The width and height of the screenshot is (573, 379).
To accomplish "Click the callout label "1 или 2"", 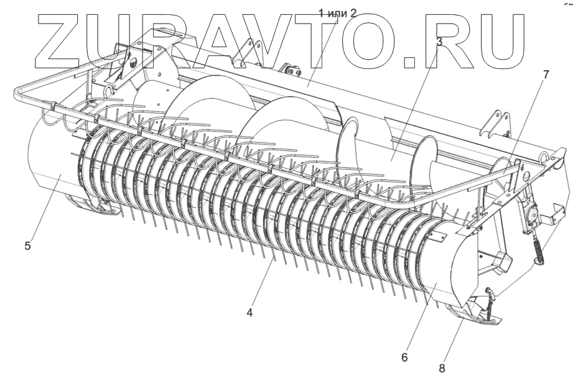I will (x=337, y=12).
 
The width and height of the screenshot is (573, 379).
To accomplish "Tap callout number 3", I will (x=439, y=42).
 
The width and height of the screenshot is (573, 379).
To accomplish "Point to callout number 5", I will (x=27, y=245).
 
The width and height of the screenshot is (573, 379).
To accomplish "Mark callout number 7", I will (x=546, y=75).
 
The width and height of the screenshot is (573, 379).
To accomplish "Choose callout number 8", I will (x=442, y=368).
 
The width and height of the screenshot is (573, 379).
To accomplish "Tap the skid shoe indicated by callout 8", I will (x=477, y=314).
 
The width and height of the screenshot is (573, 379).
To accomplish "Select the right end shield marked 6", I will (x=445, y=273).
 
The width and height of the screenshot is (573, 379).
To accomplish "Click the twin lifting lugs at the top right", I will (x=496, y=124).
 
